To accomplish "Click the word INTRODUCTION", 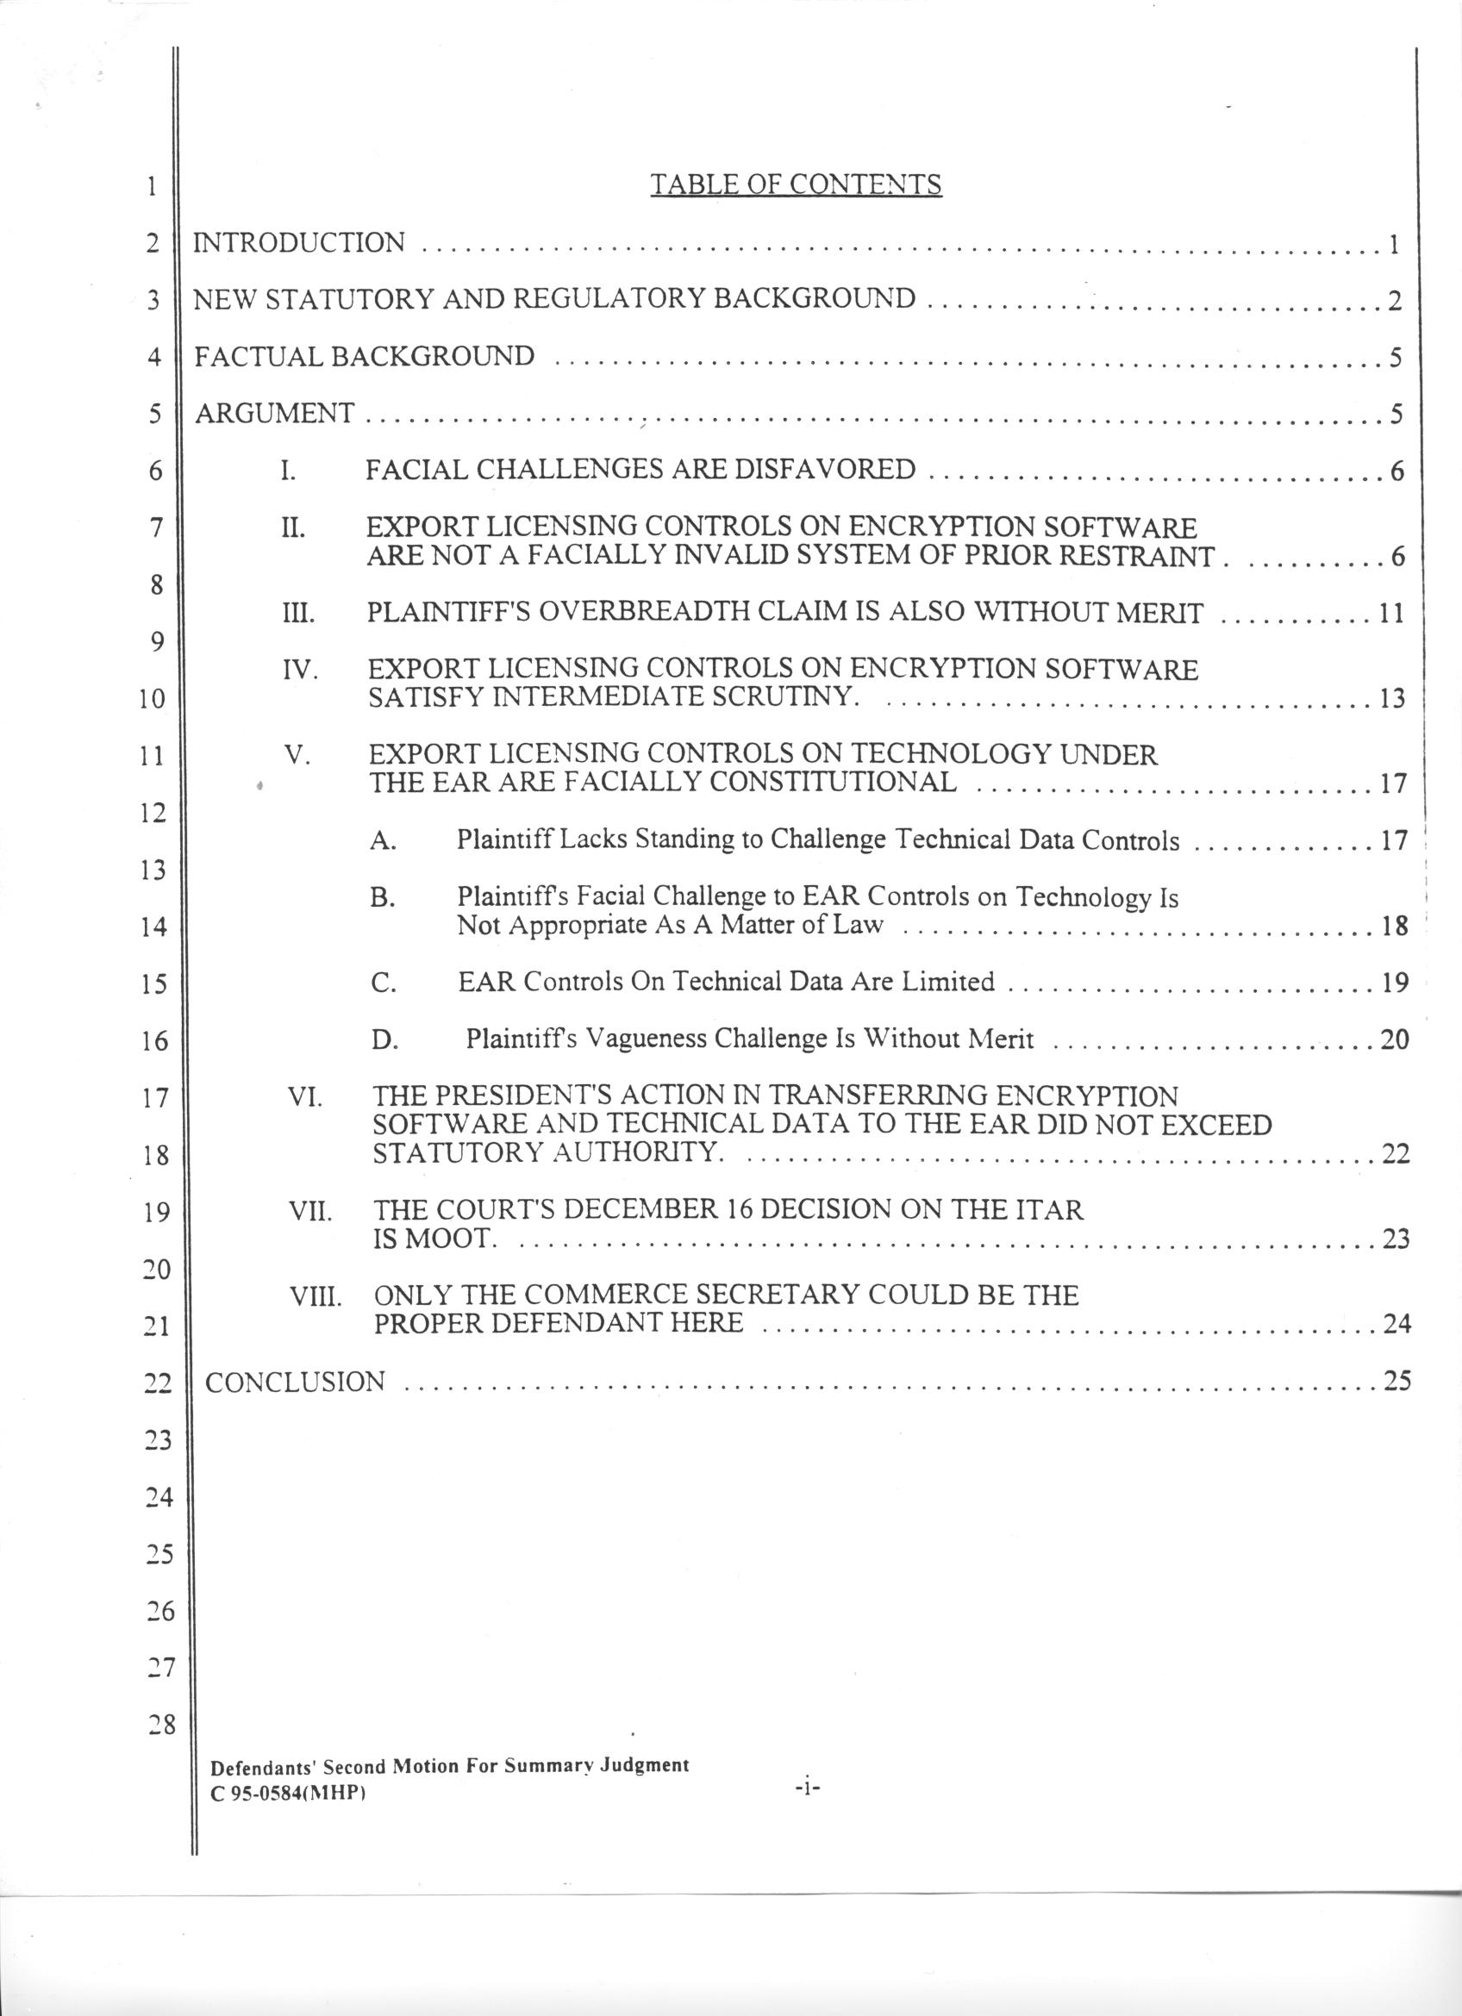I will click(299, 242).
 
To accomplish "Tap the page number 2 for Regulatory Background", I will click(1395, 302).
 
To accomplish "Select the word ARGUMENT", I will click(275, 414).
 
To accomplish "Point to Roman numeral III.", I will click(297, 614).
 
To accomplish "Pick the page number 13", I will click(1392, 699).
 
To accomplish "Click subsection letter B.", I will click(382, 898).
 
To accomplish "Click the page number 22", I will click(1396, 1154).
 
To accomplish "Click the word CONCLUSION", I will click(295, 1382).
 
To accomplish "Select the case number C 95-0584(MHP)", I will click(289, 1793).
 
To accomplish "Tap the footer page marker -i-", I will click(807, 1786).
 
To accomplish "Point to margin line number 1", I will click(153, 187).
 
